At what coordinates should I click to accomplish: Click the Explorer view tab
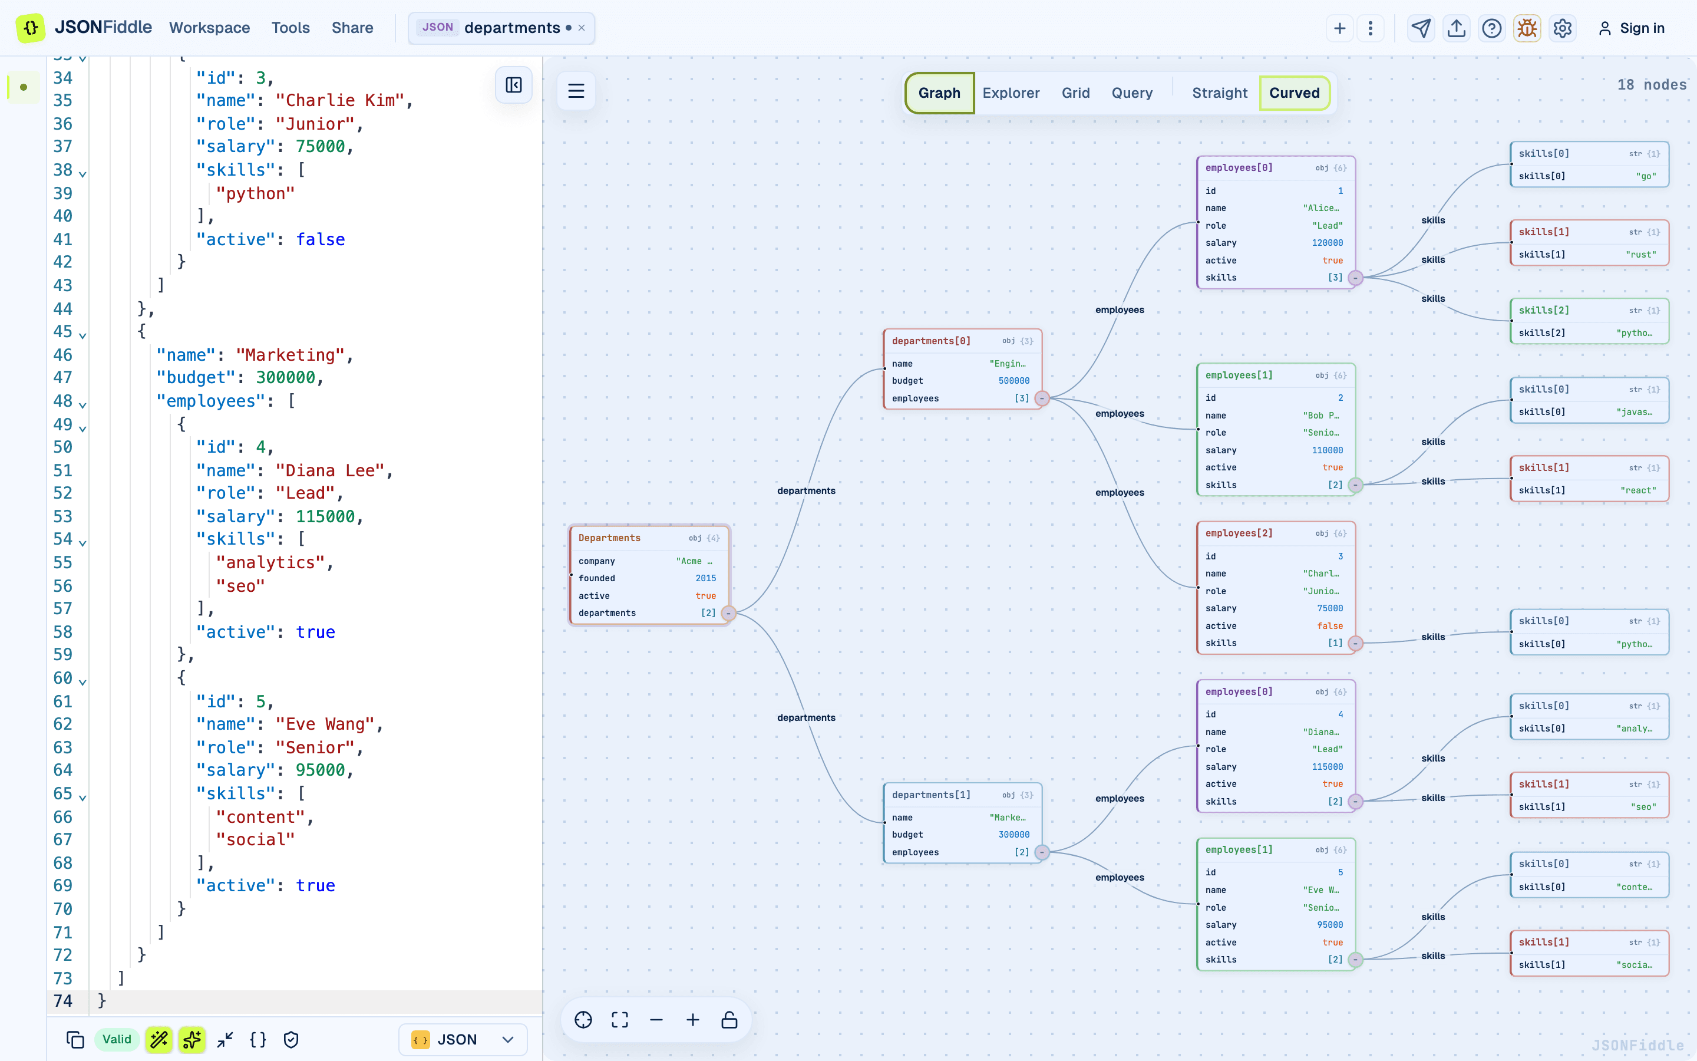pos(1011,93)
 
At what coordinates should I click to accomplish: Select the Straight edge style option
pos(1220,93)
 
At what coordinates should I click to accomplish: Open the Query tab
pos(1132,93)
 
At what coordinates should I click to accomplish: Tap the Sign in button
pos(1631,28)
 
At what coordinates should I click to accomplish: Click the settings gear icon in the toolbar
pos(1563,28)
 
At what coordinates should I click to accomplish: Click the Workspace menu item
pos(210,28)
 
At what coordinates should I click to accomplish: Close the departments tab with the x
pos(582,28)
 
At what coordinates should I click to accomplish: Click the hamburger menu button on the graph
pos(576,91)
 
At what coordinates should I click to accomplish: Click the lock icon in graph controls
pos(729,1020)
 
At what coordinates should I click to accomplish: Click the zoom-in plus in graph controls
pos(693,1020)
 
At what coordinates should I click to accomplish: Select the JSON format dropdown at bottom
pos(463,1039)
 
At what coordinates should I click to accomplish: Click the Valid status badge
pos(117,1039)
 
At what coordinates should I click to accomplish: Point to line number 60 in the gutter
pos(62,678)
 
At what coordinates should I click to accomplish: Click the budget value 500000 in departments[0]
pos(1014,381)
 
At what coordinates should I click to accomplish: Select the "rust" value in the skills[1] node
pos(1641,255)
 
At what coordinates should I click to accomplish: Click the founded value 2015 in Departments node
pos(705,578)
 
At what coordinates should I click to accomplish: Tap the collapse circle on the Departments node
pos(728,613)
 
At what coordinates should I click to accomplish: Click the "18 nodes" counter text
pos(1652,85)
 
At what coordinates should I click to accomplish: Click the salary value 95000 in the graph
pos(1329,925)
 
